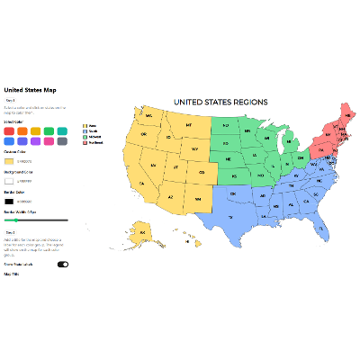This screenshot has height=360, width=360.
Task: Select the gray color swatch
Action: click(x=61, y=141)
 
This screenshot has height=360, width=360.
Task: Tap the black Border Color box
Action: click(x=10, y=201)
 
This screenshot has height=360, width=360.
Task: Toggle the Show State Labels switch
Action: click(x=63, y=265)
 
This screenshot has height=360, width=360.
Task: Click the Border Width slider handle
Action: click(x=16, y=219)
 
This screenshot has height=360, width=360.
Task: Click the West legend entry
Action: click(x=89, y=125)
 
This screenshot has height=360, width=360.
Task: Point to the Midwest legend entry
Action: click(x=91, y=136)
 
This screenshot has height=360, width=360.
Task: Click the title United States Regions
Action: click(x=220, y=103)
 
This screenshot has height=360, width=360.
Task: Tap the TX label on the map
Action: click(x=229, y=217)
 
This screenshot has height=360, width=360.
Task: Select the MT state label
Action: click(x=189, y=124)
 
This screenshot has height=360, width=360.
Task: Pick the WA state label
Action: click(x=149, y=115)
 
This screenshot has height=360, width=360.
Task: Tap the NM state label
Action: click(x=196, y=198)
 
